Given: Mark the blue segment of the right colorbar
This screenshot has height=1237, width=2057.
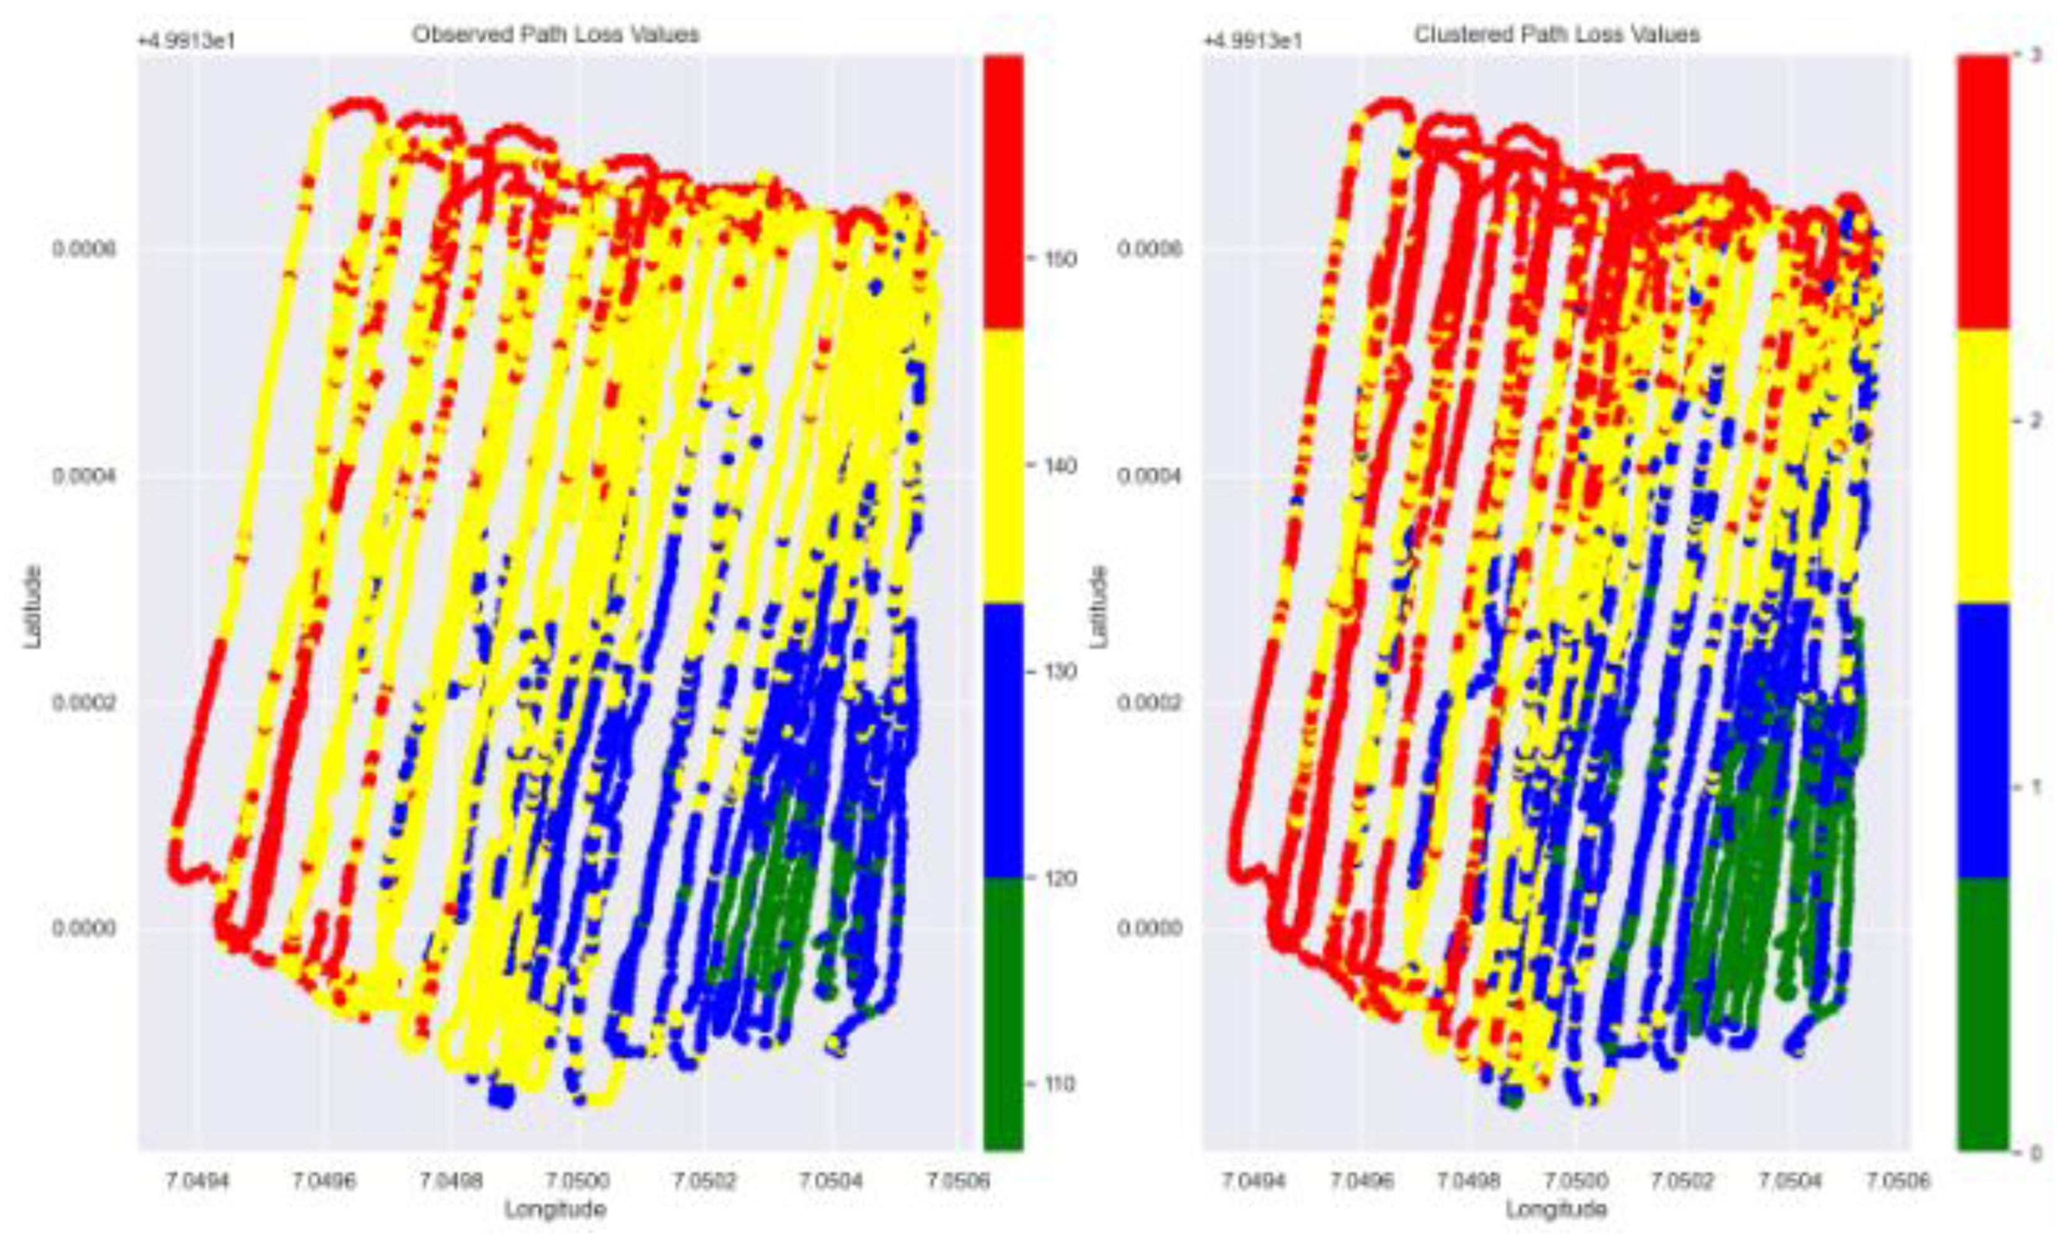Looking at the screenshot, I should click(1981, 740).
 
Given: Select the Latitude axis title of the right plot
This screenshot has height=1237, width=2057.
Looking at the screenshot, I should click(1100, 606).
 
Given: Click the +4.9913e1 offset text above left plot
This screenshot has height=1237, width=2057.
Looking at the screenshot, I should click(187, 39).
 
